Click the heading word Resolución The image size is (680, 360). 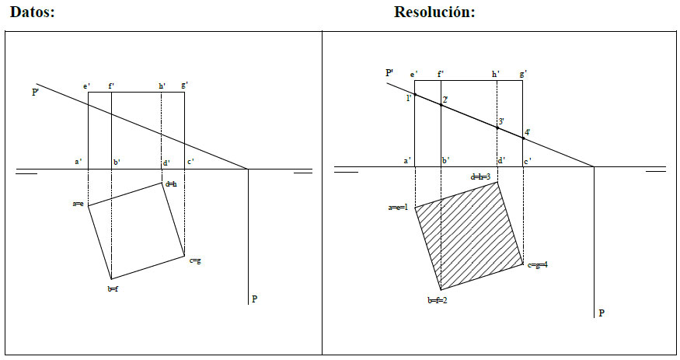click(434, 12)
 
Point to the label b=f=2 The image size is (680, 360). click(437, 300)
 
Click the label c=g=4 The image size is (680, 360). click(538, 266)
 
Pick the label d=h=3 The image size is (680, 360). click(480, 177)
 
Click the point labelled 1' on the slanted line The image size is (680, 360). click(415, 95)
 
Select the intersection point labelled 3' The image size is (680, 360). click(497, 126)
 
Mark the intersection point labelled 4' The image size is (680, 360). click(523, 137)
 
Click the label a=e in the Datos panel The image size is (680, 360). click(78, 204)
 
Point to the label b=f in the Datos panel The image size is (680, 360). click(113, 288)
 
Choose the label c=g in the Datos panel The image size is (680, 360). click(195, 260)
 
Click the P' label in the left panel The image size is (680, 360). click(36, 93)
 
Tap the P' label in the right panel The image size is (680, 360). click(390, 72)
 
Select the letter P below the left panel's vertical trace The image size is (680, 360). click(254, 299)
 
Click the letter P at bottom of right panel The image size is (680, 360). click(600, 313)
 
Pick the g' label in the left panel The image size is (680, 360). click(184, 85)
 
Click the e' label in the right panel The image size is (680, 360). click(415, 74)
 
